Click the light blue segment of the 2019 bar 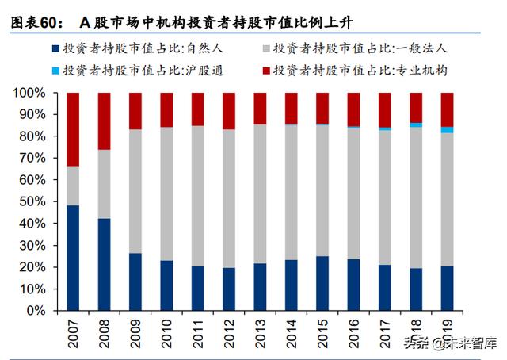[448, 129]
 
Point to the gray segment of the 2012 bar [229, 198]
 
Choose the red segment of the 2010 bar [167, 109]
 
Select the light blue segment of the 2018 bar [416, 124]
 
